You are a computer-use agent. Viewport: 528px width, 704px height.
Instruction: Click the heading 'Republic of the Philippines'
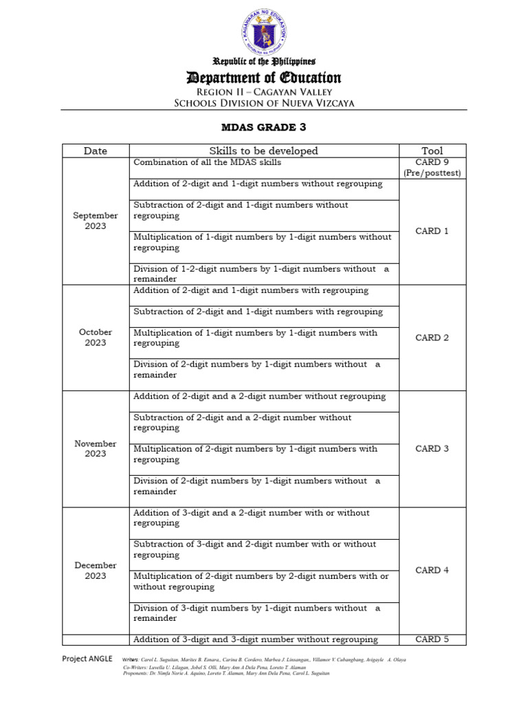click(x=264, y=63)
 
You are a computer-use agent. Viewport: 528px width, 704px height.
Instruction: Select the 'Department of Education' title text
click(x=264, y=78)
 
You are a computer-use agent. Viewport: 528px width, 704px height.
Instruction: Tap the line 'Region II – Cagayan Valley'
click(x=264, y=91)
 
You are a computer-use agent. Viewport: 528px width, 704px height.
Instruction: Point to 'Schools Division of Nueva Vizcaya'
click(x=264, y=103)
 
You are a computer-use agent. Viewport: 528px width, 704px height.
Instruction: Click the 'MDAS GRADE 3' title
click(x=264, y=127)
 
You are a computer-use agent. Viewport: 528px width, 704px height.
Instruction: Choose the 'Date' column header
click(x=96, y=151)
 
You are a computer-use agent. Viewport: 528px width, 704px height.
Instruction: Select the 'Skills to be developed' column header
click(x=264, y=151)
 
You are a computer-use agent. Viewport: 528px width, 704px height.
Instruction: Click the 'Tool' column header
click(x=432, y=151)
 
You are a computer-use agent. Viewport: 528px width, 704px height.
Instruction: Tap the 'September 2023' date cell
click(x=96, y=221)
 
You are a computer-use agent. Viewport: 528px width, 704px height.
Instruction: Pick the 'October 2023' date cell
click(x=96, y=337)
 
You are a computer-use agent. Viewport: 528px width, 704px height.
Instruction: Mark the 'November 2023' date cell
click(x=96, y=448)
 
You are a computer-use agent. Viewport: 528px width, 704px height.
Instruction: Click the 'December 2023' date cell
click(x=96, y=570)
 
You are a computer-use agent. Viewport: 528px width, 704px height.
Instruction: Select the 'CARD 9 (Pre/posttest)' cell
click(x=432, y=168)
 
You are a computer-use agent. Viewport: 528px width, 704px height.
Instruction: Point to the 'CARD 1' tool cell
click(x=432, y=231)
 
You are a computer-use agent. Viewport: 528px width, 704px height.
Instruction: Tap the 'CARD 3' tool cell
click(x=432, y=448)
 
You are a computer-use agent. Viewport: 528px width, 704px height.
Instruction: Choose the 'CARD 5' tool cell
click(x=432, y=639)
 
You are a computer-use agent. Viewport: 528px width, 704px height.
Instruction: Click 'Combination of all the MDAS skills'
click(x=207, y=162)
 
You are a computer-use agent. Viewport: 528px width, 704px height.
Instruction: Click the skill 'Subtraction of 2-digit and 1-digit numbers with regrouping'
click(x=258, y=311)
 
